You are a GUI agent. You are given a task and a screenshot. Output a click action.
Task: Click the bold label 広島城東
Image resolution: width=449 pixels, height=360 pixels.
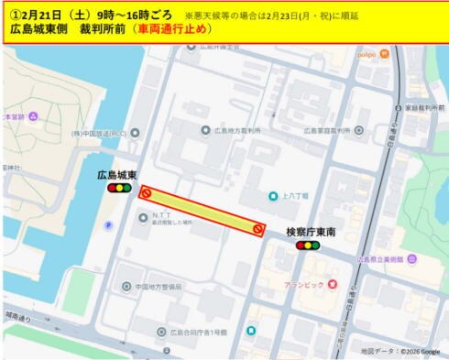tap(117, 174)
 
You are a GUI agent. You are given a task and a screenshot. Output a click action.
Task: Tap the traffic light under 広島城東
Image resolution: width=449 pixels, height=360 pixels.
tap(118, 188)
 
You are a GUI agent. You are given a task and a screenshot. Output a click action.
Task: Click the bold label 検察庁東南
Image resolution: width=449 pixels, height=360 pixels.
tap(310, 233)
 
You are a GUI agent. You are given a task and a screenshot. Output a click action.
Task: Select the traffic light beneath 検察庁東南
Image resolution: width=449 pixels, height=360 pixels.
tap(308, 245)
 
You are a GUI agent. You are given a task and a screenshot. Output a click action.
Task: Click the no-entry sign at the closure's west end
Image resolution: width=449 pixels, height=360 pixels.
tap(145, 193)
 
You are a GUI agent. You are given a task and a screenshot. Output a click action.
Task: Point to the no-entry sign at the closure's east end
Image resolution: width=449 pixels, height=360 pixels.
tap(258, 229)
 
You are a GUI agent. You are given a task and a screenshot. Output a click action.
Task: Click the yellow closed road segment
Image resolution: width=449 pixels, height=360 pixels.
tap(202, 211)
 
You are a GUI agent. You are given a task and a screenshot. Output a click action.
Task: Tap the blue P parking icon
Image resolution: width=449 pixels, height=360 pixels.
tap(108, 224)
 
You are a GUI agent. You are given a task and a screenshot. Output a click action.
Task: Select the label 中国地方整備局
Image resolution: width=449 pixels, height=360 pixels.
tap(158, 287)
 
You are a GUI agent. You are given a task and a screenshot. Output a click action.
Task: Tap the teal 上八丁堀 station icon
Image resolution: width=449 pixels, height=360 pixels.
tap(272, 196)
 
